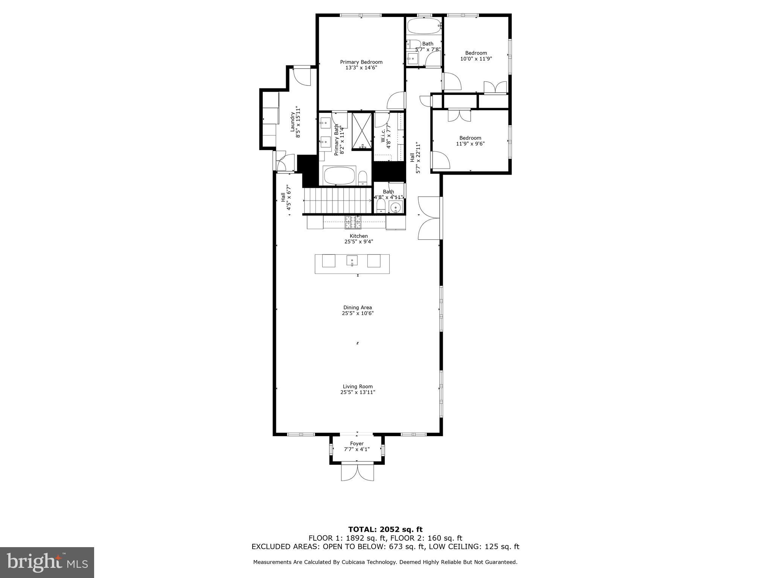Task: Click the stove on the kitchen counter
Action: pos(353,222)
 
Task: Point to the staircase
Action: pos(338,201)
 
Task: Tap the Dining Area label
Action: pos(357,307)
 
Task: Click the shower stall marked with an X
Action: pos(362,131)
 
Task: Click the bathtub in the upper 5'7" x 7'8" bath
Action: pos(424,27)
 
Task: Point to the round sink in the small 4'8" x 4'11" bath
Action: pos(395,207)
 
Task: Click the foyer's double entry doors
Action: pos(358,472)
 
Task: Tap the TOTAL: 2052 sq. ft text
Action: pos(385,529)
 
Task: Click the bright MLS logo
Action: pos(47,562)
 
